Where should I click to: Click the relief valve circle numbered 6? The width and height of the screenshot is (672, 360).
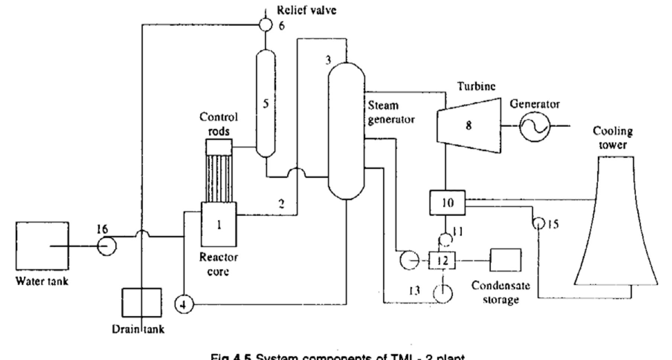tap(266, 25)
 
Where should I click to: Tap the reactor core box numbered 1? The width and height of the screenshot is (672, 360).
tap(219, 224)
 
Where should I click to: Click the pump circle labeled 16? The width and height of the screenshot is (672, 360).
tap(107, 246)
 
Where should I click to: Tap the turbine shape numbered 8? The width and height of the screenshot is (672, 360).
tap(469, 125)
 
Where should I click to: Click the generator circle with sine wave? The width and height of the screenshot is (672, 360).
tap(534, 126)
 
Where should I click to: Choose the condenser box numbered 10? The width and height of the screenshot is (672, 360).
tap(447, 203)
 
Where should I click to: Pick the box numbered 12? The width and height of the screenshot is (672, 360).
tap(442, 260)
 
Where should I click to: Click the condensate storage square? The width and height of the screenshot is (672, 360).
tap(505, 260)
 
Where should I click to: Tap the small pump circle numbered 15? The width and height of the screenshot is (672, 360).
tap(537, 223)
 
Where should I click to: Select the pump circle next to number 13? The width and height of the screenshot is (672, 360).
tap(443, 293)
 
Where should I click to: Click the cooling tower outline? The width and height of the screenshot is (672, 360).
tap(615, 223)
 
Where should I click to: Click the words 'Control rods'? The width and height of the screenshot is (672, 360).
tap(219, 124)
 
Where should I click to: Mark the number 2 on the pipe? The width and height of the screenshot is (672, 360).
tap(282, 204)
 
